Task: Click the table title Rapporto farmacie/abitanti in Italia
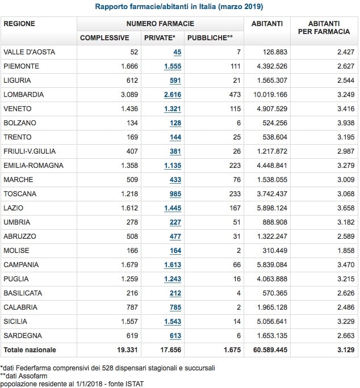point(179,7)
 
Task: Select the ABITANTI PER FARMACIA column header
point(324,27)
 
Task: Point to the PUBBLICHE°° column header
point(210,38)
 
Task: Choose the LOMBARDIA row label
point(23,95)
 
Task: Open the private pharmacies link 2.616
point(173,95)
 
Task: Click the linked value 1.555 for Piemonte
point(173,66)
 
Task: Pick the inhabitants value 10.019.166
point(267,95)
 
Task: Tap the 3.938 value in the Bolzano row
point(345,123)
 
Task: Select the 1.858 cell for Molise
point(345,251)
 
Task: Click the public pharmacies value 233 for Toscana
point(235,194)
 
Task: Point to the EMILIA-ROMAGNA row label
point(33,166)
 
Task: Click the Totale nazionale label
point(30,350)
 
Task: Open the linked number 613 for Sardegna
point(175,336)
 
